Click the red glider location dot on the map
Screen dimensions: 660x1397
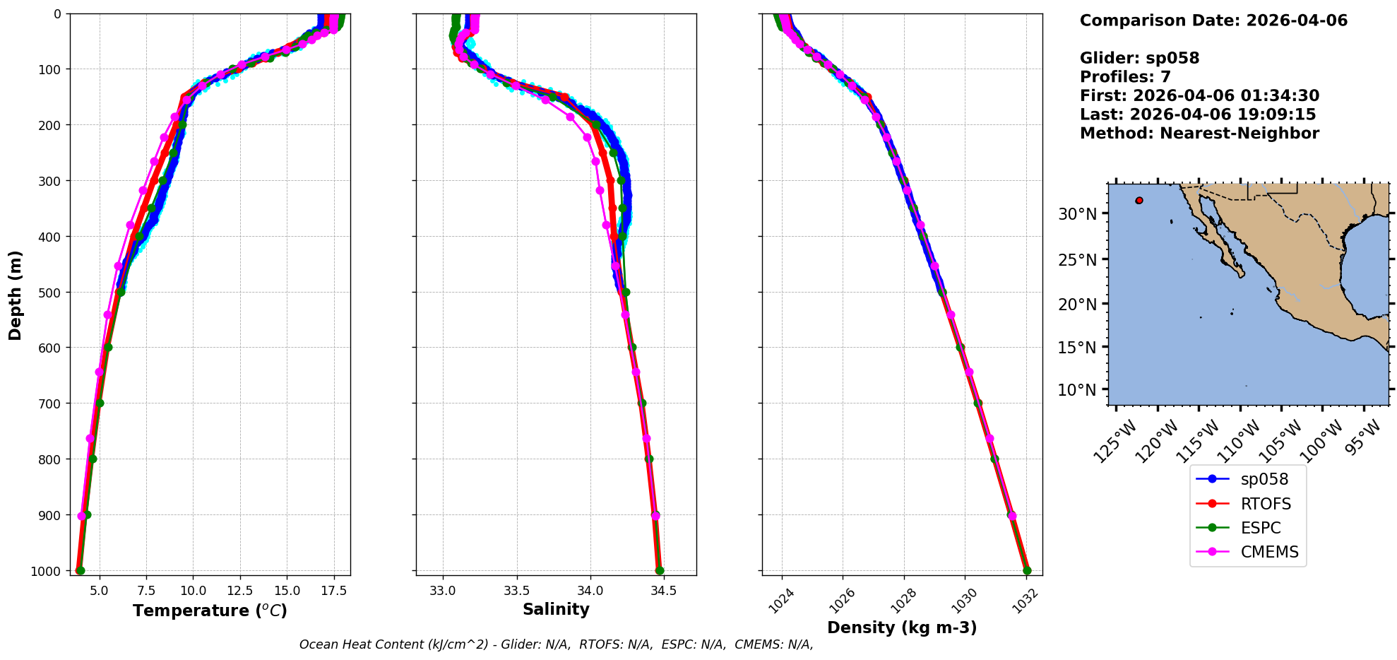[x=1139, y=201]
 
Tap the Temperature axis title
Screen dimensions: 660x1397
[x=210, y=611]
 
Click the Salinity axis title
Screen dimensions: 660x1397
[x=556, y=609]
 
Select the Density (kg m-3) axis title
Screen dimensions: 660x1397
[x=902, y=627]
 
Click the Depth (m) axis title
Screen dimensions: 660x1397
[x=15, y=295]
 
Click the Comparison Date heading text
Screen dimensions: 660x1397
[x=1213, y=20]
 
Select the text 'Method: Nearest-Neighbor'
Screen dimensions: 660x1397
[x=1199, y=133]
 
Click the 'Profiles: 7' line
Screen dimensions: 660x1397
[x=1125, y=77]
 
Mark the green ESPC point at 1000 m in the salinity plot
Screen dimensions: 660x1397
[x=660, y=570]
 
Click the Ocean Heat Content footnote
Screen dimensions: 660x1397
[x=556, y=644]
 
